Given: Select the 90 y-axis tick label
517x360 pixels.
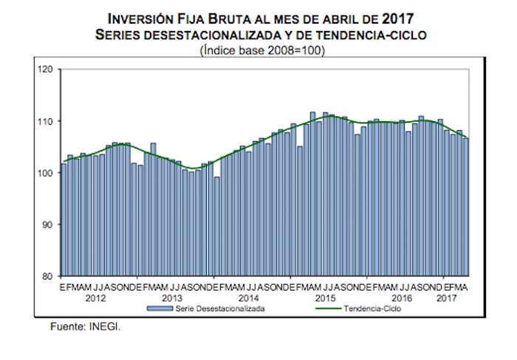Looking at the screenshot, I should pos(47,225).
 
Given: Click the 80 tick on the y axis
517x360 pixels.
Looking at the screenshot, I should pos(47,276).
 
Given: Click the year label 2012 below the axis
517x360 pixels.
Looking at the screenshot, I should pos(95,297).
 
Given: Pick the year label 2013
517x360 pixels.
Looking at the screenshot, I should pos(171,297).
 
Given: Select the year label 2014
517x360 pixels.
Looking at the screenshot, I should pos(248,297).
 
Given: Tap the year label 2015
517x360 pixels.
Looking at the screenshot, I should pos(326,297).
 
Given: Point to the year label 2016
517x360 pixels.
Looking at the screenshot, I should pos(402,297).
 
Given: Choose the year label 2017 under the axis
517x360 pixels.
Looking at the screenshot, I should pos(446,297).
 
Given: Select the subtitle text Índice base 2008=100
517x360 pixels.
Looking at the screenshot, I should pos(263,50).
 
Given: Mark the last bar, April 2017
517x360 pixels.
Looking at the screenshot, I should pos(466,207).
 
